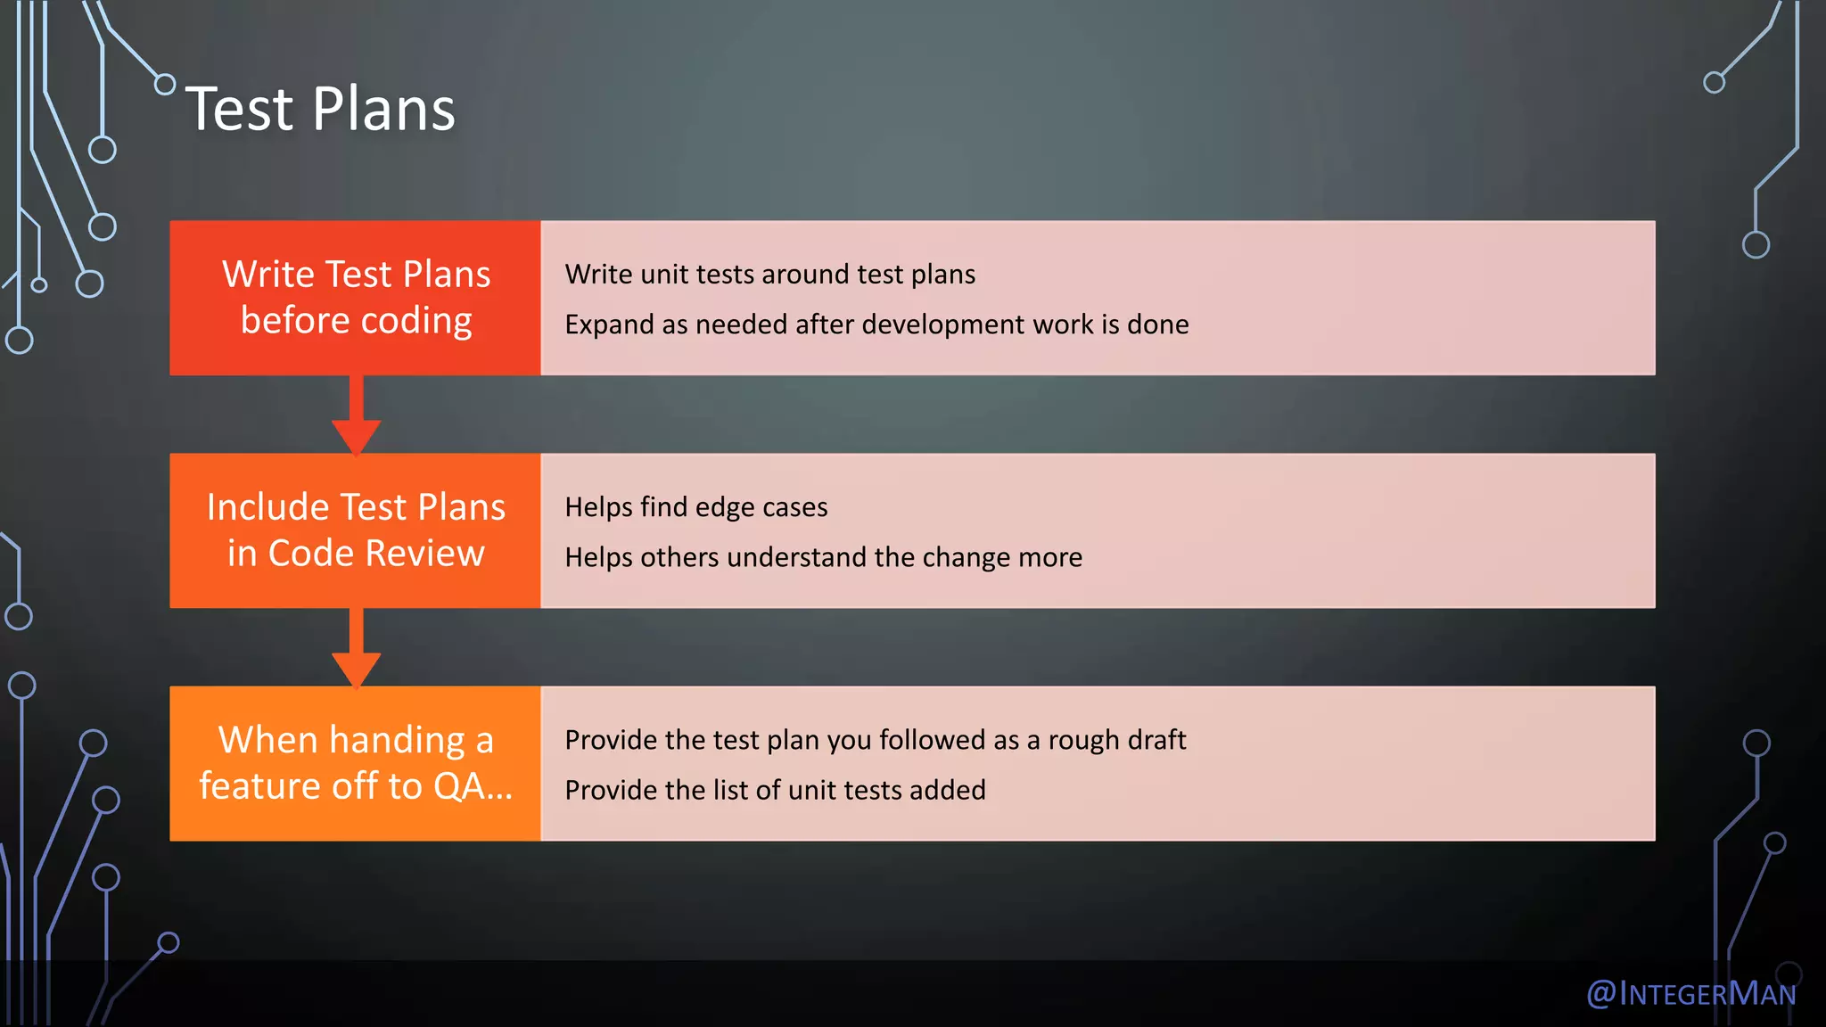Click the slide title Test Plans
point(320,110)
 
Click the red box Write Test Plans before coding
point(355,298)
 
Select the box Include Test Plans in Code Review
point(355,530)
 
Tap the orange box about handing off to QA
point(355,763)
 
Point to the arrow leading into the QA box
point(356,651)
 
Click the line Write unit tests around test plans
point(769,275)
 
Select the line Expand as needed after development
point(876,325)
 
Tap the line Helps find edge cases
point(695,507)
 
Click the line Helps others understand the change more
point(823,557)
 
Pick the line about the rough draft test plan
point(875,740)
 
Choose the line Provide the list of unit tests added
point(775,790)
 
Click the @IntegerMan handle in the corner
point(1690,993)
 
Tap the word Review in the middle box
point(424,554)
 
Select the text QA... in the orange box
point(473,786)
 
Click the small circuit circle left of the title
point(165,85)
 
